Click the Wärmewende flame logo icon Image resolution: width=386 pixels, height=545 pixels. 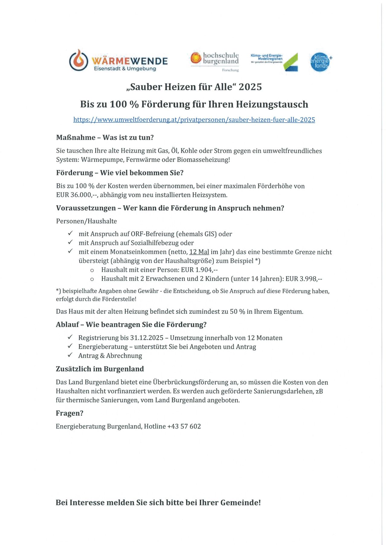[x=79, y=60]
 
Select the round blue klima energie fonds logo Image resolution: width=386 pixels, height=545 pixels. [x=320, y=62]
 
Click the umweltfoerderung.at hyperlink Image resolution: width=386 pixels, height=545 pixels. [x=194, y=120]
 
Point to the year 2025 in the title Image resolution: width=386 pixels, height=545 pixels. [x=250, y=87]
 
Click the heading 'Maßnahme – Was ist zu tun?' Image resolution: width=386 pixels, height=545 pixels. [x=105, y=138]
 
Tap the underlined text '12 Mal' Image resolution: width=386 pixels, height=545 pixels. [x=199, y=252]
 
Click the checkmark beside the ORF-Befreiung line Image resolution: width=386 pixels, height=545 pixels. [x=70, y=234]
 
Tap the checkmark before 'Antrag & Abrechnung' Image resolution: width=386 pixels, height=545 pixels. [x=70, y=355]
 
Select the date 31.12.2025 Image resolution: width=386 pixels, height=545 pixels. [x=146, y=338]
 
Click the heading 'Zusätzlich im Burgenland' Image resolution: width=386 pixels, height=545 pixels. [x=100, y=369]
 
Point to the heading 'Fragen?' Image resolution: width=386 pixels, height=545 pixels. [x=69, y=413]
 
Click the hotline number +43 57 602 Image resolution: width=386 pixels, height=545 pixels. [x=184, y=426]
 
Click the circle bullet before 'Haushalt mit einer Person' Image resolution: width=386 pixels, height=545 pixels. [x=92, y=270]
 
